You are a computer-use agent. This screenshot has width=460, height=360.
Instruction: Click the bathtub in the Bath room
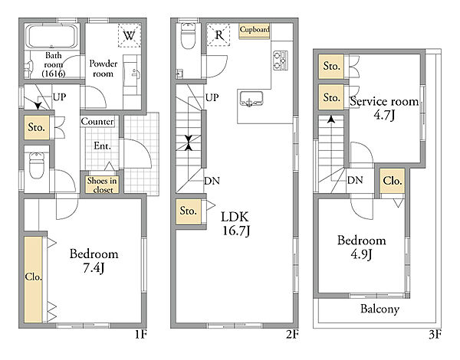[x=51, y=36]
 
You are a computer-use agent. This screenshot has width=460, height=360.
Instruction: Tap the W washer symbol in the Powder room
[x=130, y=35]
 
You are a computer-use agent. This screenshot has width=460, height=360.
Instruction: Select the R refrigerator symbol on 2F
[x=219, y=35]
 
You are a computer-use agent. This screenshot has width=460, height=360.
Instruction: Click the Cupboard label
[x=255, y=31]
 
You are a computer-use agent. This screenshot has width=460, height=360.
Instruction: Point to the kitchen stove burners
[x=281, y=61]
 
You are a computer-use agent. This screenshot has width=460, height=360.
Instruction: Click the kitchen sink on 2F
[x=251, y=99]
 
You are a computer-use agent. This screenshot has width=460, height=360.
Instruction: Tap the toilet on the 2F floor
[x=188, y=35]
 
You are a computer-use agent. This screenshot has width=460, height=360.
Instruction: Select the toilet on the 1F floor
[x=37, y=165]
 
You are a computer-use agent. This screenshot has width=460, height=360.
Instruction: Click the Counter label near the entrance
[x=97, y=121]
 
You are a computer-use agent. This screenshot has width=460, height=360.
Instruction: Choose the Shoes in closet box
[x=102, y=185]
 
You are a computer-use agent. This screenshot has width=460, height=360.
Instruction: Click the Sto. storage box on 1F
[x=37, y=127]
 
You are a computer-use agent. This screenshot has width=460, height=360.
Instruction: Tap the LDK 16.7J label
[x=236, y=224]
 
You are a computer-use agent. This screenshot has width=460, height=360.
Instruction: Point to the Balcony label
[x=380, y=309]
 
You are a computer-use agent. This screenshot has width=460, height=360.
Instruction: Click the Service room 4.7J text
[x=384, y=108]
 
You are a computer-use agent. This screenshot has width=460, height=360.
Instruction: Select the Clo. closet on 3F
[x=393, y=181]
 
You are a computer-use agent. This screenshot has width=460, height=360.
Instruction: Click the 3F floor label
[x=435, y=335]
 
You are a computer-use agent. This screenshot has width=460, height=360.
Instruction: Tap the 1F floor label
[x=141, y=335]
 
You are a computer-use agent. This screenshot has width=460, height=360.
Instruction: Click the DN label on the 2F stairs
[x=212, y=181]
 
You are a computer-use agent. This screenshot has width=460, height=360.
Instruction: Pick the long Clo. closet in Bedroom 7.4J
[x=33, y=280]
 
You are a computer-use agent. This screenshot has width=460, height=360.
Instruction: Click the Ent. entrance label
[x=103, y=146]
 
